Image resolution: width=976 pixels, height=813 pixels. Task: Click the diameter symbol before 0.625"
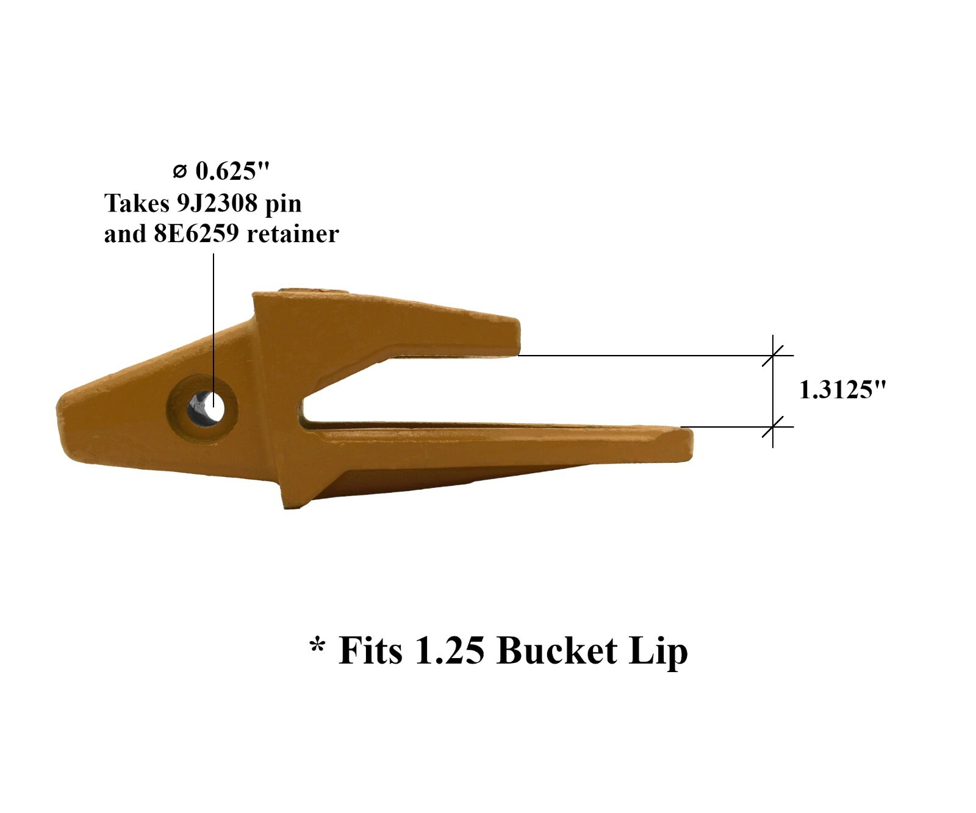(x=179, y=172)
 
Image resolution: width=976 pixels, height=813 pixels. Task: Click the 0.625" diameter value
(x=232, y=171)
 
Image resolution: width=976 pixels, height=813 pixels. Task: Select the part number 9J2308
(x=217, y=203)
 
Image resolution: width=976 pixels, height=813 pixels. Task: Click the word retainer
(x=293, y=234)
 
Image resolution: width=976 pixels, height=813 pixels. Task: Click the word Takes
(x=137, y=203)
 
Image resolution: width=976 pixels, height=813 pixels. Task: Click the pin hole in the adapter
(x=206, y=406)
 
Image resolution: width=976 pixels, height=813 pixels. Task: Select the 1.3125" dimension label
(x=842, y=390)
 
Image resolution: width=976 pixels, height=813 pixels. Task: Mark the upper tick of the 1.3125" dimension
(x=773, y=355)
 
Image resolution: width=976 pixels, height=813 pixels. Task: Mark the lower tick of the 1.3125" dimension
(x=773, y=427)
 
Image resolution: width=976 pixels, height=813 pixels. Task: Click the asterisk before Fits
(x=317, y=645)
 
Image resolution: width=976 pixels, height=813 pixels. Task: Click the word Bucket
(x=556, y=650)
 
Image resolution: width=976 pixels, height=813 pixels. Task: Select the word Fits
(x=370, y=650)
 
